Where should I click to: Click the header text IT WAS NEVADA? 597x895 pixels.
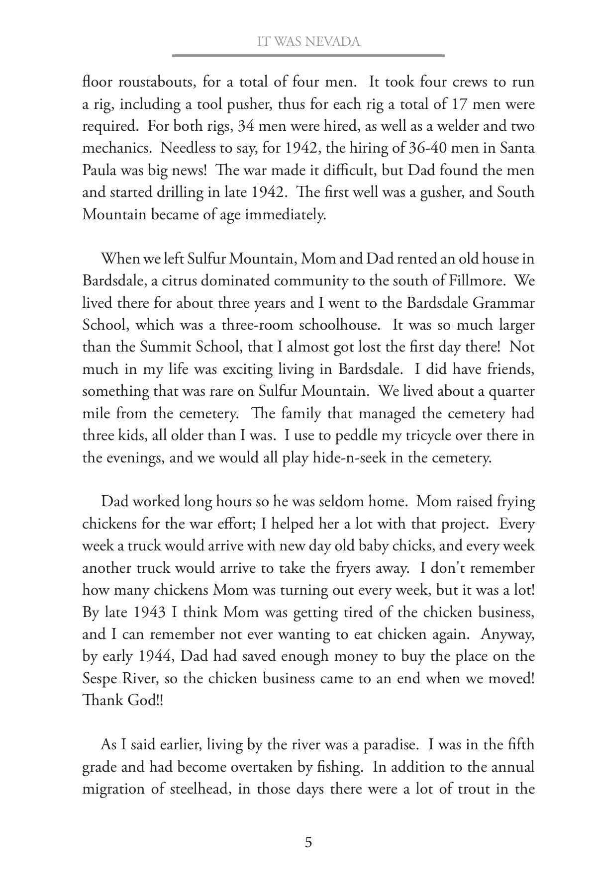(x=308, y=42)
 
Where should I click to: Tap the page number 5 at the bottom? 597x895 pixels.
(x=308, y=843)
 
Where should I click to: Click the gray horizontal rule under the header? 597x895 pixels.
(x=308, y=56)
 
